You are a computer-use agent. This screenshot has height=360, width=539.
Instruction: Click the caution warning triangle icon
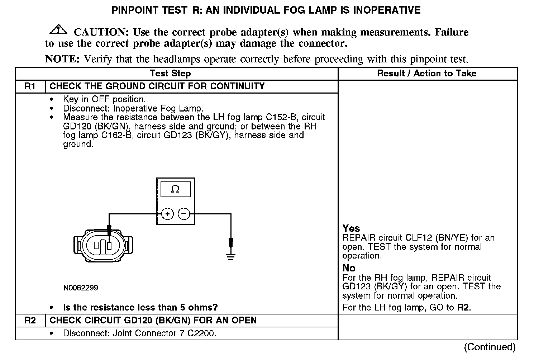click(x=58, y=30)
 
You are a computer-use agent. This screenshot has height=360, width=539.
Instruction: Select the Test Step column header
click(x=170, y=74)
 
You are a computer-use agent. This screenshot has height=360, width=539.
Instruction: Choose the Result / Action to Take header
click(x=426, y=74)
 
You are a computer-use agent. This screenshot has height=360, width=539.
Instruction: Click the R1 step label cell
click(x=30, y=86)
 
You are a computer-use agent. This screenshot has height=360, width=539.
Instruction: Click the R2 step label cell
click(x=30, y=320)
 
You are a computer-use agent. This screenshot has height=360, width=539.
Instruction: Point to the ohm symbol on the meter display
click(x=175, y=189)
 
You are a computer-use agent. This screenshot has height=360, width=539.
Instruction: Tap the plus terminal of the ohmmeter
click(x=167, y=214)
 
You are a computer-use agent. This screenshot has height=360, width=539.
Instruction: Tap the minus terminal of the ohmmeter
click(x=184, y=214)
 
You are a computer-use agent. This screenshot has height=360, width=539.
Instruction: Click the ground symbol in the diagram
click(x=231, y=256)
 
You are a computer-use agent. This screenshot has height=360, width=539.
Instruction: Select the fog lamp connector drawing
click(x=103, y=245)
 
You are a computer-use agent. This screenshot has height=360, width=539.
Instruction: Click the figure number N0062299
click(x=81, y=288)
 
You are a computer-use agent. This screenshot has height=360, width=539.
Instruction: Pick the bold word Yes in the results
click(x=351, y=228)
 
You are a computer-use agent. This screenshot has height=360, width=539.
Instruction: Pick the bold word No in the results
click(x=349, y=268)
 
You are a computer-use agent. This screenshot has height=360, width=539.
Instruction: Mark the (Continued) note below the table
click(x=490, y=347)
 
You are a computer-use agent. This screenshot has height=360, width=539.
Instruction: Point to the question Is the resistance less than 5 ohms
click(x=140, y=307)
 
